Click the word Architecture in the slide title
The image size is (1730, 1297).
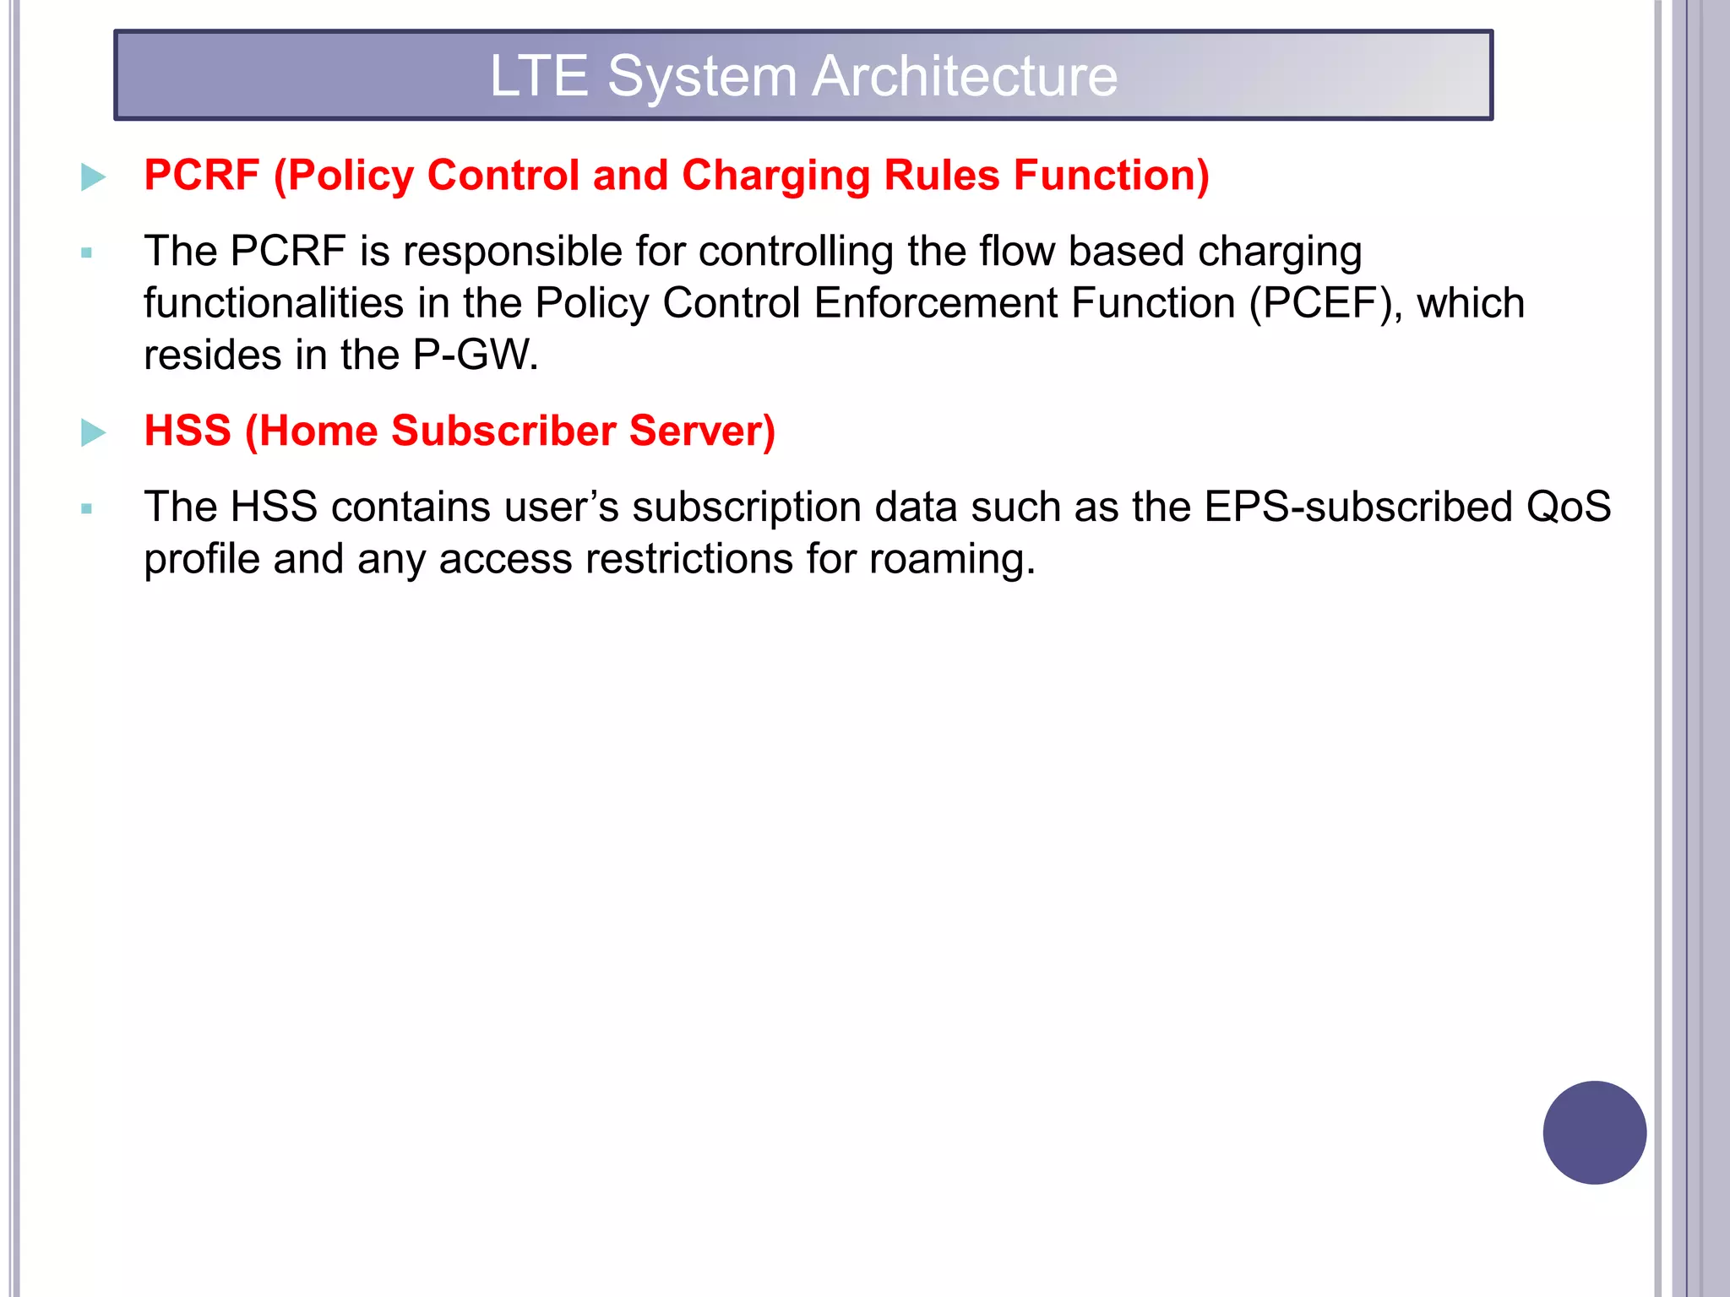click(x=965, y=76)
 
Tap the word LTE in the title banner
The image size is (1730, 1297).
click(x=539, y=76)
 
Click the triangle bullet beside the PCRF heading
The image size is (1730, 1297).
click(x=93, y=177)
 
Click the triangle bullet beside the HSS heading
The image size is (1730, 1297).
click(x=93, y=432)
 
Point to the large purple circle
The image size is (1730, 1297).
click(x=1594, y=1132)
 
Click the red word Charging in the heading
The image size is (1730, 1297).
click(x=775, y=176)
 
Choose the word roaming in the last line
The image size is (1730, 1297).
click(x=952, y=559)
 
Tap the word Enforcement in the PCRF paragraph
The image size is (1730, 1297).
click(x=935, y=303)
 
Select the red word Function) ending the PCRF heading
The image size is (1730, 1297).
click(x=1111, y=176)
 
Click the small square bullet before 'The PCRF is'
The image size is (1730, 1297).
click(x=86, y=252)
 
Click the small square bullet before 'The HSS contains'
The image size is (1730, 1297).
click(x=86, y=508)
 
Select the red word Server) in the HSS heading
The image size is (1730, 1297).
click(x=702, y=431)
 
